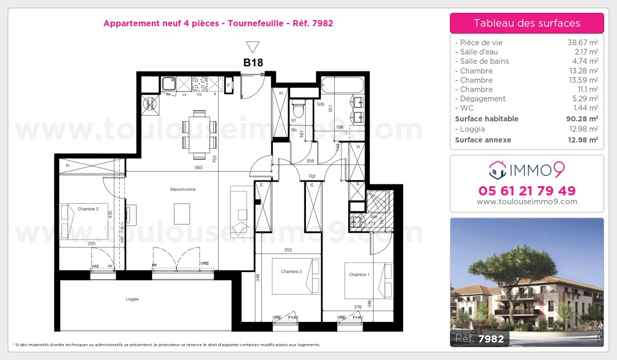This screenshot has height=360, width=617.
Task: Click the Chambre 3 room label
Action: coord(88,209)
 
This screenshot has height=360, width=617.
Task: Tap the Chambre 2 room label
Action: coord(291,272)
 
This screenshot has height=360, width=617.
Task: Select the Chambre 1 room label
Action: coord(359,275)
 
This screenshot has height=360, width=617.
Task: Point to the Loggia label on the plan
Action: coord(132,299)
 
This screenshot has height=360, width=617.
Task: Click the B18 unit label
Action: coord(253,63)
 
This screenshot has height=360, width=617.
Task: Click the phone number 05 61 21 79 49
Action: coord(527,191)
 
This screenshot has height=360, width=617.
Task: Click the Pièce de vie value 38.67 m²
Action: coord(582,43)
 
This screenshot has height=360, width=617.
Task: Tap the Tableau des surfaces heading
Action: coord(527,23)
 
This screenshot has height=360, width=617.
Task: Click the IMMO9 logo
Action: coord(527,169)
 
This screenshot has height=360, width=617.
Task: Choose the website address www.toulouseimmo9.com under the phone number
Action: coord(527,202)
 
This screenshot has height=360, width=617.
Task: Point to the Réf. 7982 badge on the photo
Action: coord(480,338)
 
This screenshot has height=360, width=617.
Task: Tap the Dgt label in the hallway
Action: coord(312,176)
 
